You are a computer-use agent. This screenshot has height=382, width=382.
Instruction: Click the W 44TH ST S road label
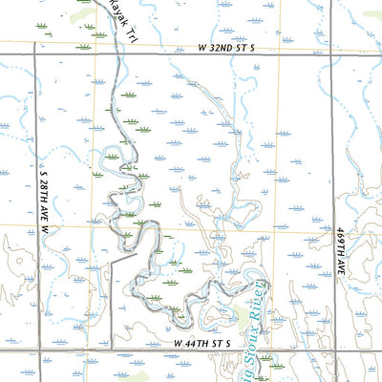209,342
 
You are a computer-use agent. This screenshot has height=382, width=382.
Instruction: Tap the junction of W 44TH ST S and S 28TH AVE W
35,350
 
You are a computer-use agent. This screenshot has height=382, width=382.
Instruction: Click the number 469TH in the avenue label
341,241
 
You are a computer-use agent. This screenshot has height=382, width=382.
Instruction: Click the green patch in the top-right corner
372,15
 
